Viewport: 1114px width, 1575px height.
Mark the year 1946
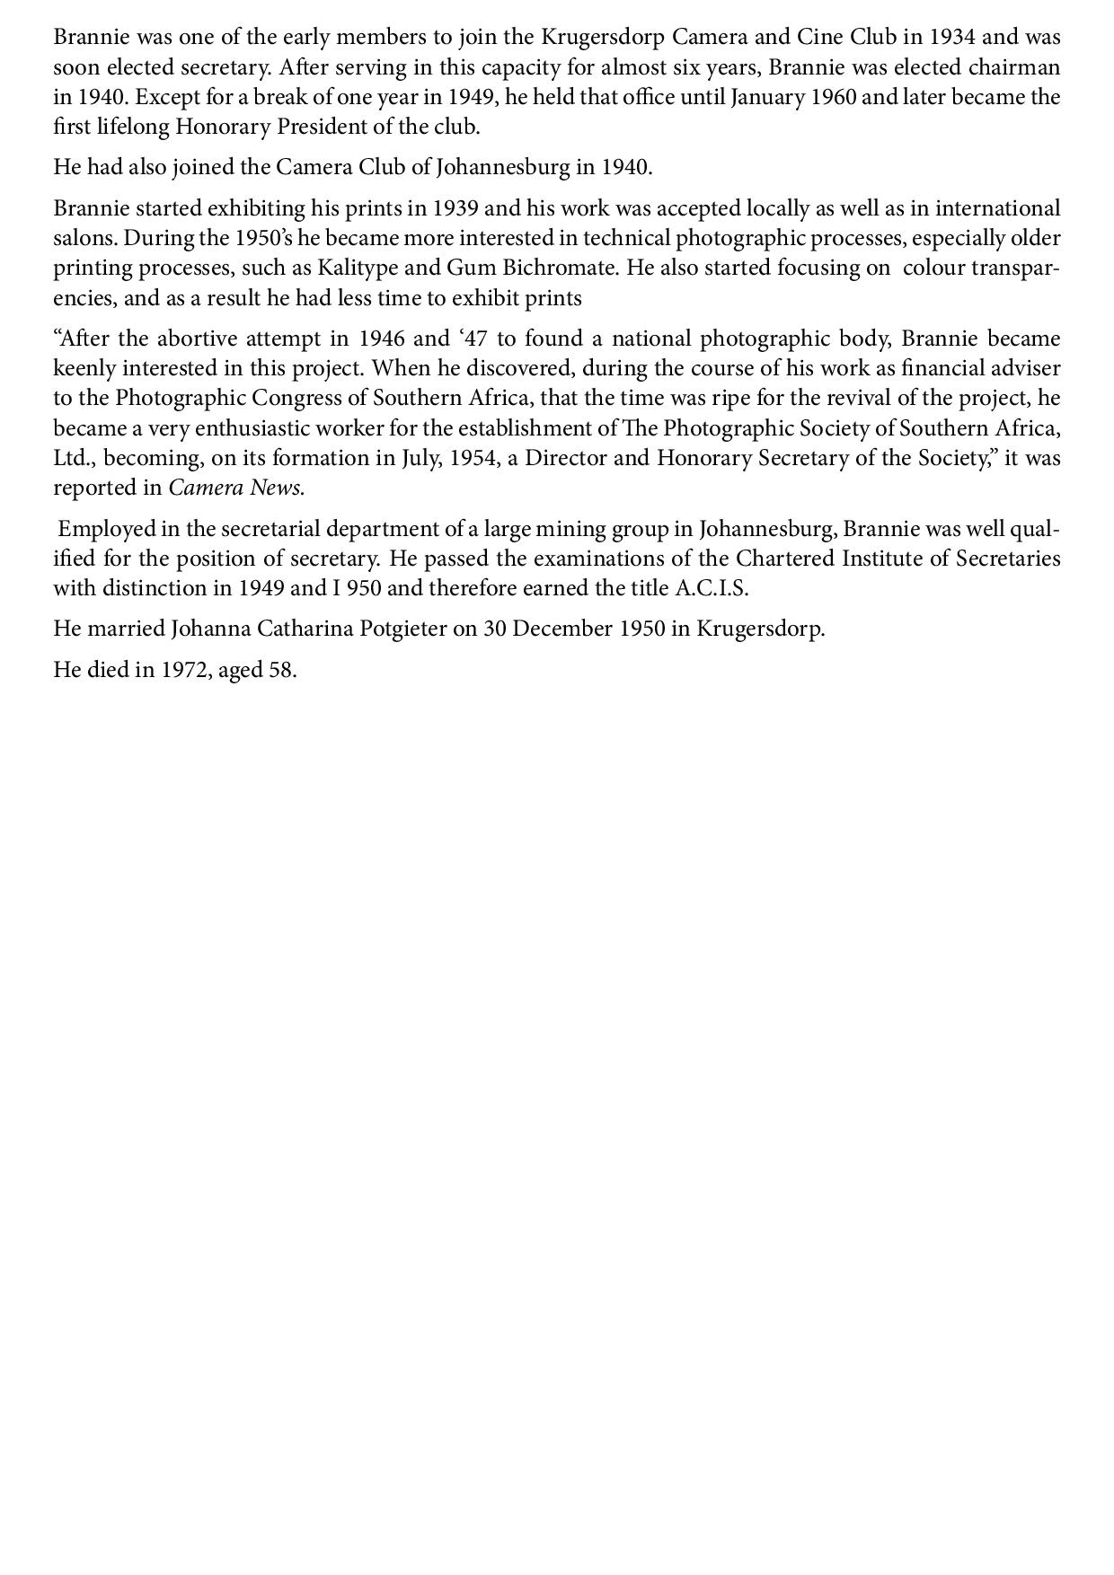coord(381,339)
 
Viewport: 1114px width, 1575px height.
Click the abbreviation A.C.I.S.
coord(711,588)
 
